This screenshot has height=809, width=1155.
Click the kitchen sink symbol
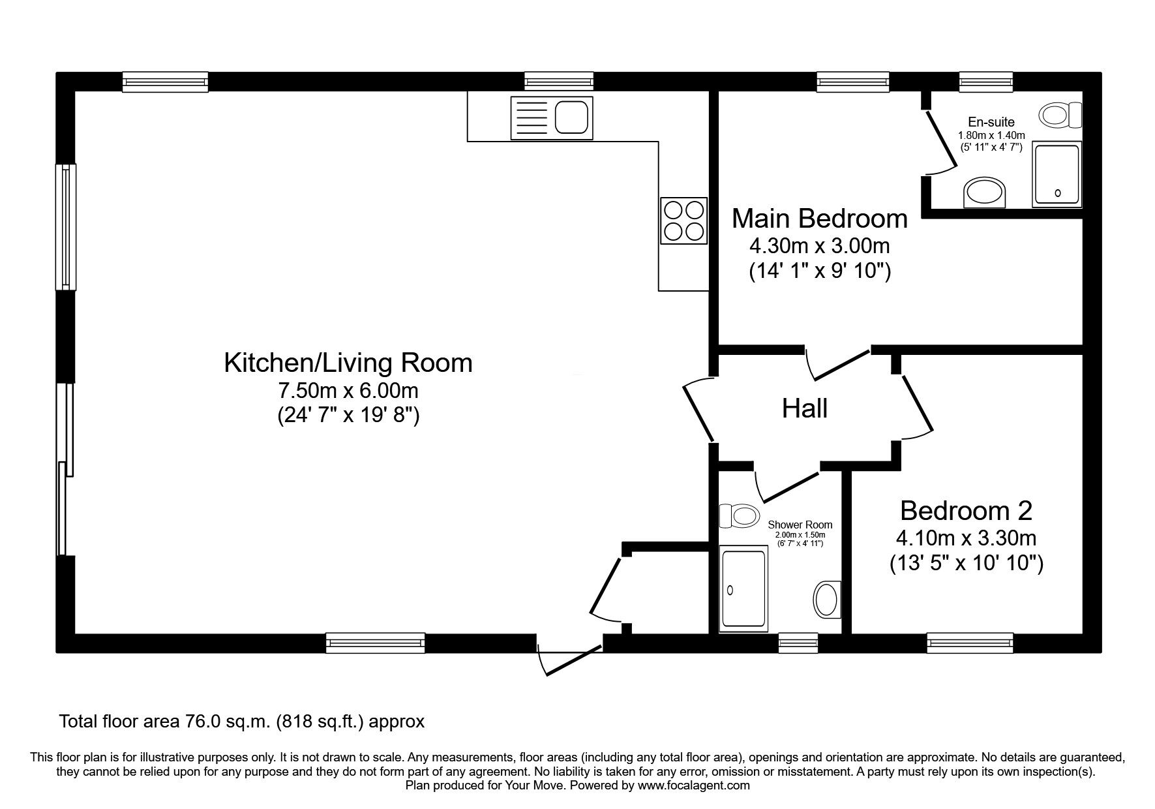pos(552,117)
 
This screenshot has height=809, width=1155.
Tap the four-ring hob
pos(683,221)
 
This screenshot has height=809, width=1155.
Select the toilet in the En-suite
pos(1060,115)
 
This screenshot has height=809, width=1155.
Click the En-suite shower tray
pos(1057,175)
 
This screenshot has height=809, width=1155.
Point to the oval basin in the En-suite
pos(985,192)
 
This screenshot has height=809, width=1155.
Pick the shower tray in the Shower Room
pos(743,589)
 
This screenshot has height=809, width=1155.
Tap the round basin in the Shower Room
pos(827,598)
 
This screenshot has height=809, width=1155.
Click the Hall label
pos(805,409)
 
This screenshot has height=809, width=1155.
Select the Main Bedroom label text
pos(819,219)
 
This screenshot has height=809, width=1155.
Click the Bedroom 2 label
pos(966,510)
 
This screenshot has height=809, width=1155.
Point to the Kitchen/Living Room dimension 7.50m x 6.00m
pos(348,391)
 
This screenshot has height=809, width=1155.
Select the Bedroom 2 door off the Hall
pos(918,406)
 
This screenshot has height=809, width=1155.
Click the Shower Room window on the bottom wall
pos(798,643)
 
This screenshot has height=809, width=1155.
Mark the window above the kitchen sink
pos(559,82)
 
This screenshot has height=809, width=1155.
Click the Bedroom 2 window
pos(970,643)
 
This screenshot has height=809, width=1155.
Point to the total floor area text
pos(241,722)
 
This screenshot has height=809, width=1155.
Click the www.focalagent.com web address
pos(693,786)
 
